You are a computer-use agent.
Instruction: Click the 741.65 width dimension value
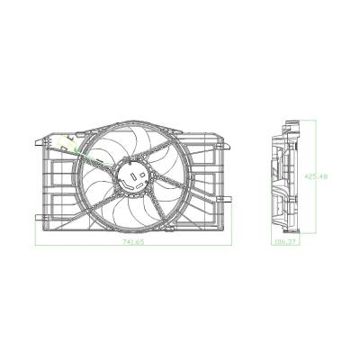(133, 243)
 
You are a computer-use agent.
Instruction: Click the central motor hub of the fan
(132, 174)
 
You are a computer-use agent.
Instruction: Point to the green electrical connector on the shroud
(67, 142)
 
